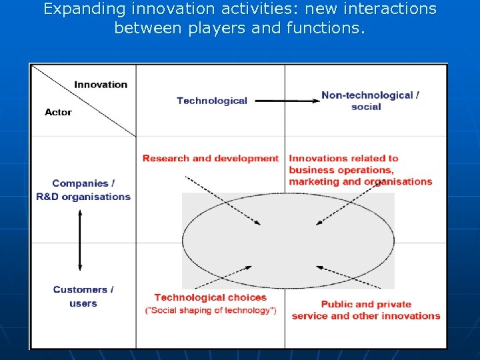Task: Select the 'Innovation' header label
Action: [x=101, y=85]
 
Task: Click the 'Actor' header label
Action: [x=58, y=112]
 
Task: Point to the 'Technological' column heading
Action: [x=212, y=101]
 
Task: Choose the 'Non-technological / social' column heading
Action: [x=369, y=101]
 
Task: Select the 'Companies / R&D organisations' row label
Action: [x=83, y=190]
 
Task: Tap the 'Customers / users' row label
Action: [x=83, y=297]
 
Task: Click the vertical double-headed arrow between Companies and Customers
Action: [x=80, y=240]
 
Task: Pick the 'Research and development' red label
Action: [x=210, y=159]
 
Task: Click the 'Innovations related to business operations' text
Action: [x=360, y=170]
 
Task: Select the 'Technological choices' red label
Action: [x=210, y=297]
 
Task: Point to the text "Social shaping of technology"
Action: [x=211, y=311]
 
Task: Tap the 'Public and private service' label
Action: [x=366, y=310]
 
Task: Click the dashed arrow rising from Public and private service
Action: [x=347, y=277]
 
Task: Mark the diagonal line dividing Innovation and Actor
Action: [x=83, y=100]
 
